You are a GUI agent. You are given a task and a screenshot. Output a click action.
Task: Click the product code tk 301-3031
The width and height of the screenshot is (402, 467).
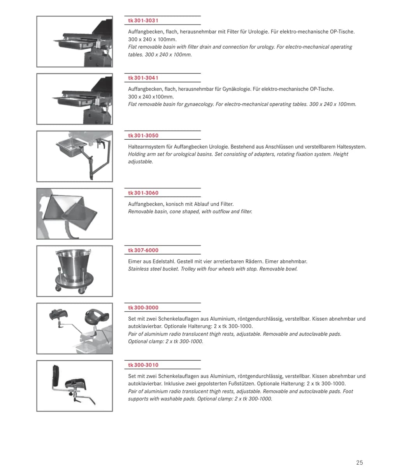(x=143, y=21)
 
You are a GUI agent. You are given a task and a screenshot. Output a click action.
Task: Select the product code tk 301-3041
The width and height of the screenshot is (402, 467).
(x=143, y=78)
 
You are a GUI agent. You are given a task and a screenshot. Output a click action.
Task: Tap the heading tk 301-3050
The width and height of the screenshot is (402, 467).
(x=143, y=135)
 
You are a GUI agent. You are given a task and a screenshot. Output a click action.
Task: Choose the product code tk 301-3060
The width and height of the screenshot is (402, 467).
(x=143, y=193)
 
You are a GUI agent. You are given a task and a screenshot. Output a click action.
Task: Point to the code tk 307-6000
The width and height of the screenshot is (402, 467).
(x=143, y=250)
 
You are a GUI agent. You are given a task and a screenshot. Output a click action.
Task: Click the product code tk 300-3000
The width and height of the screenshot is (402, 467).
(x=143, y=308)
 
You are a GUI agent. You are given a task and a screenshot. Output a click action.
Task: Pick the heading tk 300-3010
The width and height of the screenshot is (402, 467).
(x=143, y=365)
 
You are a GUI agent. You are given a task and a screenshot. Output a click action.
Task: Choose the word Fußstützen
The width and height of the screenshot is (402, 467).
(x=244, y=384)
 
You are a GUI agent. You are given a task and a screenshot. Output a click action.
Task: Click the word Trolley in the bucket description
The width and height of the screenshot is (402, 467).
(x=188, y=269)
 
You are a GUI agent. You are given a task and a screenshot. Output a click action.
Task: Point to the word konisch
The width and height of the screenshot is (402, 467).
(x=174, y=204)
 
